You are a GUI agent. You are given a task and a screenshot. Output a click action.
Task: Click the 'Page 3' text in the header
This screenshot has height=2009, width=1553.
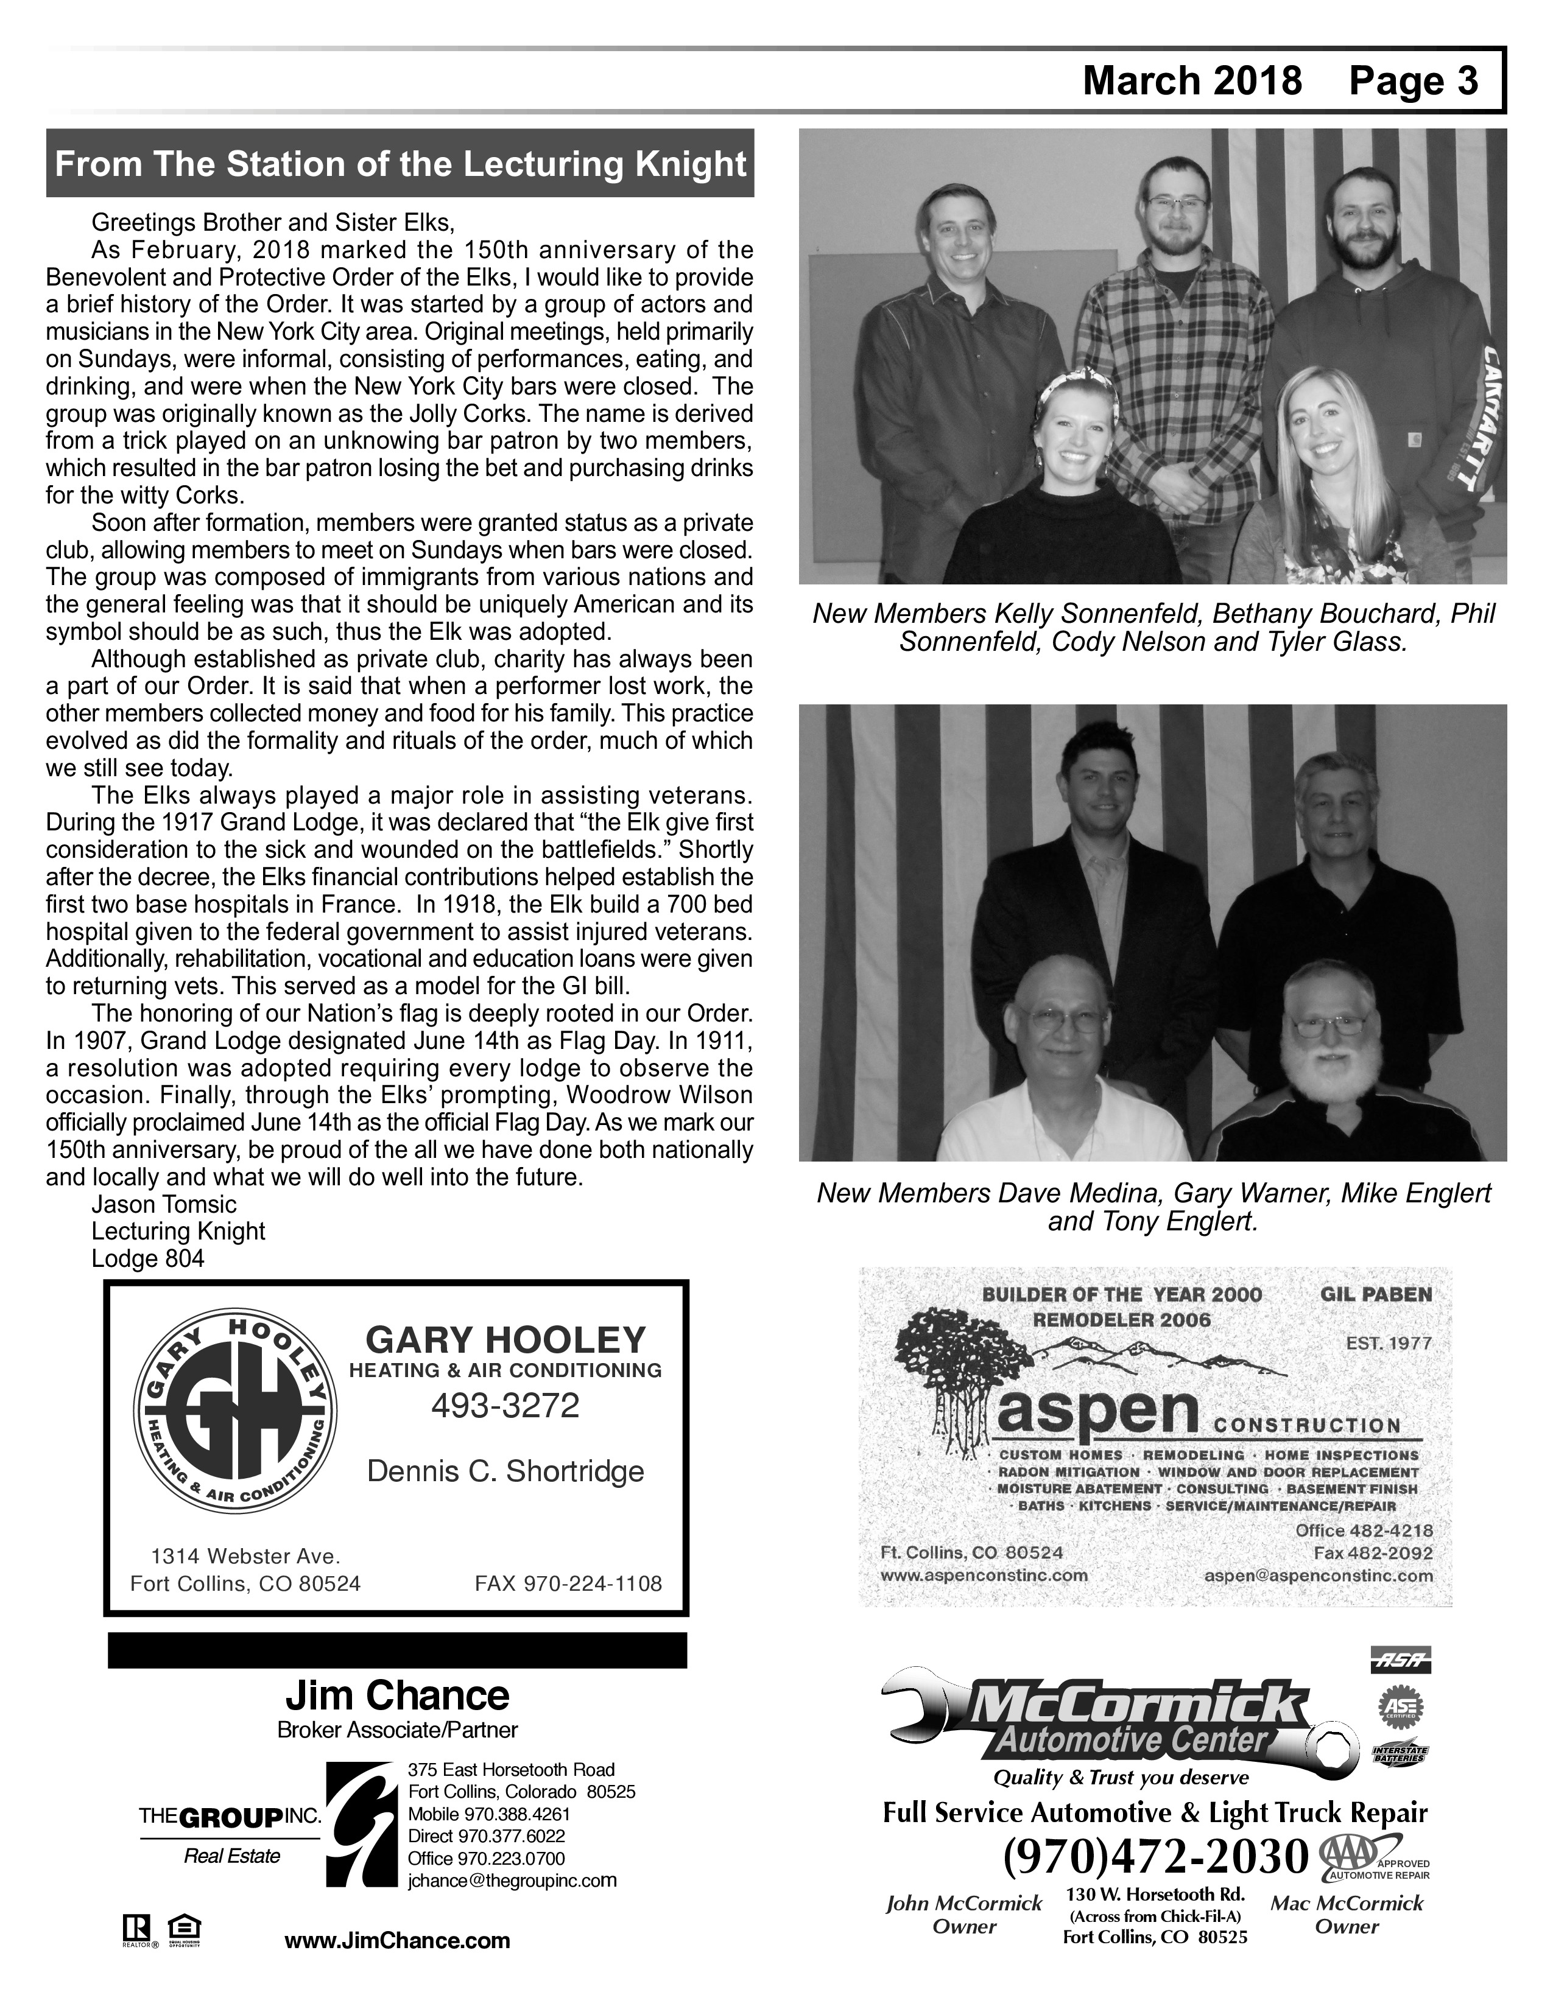click(1413, 81)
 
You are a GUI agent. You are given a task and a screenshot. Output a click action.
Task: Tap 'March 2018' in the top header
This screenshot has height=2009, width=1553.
click(1192, 81)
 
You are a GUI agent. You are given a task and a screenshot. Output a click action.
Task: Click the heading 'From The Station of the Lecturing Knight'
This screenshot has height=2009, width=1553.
click(400, 164)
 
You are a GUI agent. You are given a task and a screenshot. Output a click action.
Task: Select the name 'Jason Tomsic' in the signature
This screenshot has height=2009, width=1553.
click(164, 1204)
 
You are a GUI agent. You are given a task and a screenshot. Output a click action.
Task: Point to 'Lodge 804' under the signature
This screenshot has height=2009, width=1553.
click(147, 1258)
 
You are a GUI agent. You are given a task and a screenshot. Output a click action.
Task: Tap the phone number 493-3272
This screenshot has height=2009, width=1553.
click(505, 1404)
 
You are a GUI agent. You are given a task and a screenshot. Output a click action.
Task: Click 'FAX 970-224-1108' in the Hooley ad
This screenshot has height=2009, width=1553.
click(568, 1583)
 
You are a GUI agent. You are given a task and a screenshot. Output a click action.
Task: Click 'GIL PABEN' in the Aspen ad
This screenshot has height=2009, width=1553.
click(1375, 1294)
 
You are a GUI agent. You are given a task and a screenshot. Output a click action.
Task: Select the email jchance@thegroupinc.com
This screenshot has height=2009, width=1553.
click(512, 1880)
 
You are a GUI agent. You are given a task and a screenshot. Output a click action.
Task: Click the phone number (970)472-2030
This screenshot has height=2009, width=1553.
click(1155, 1856)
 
